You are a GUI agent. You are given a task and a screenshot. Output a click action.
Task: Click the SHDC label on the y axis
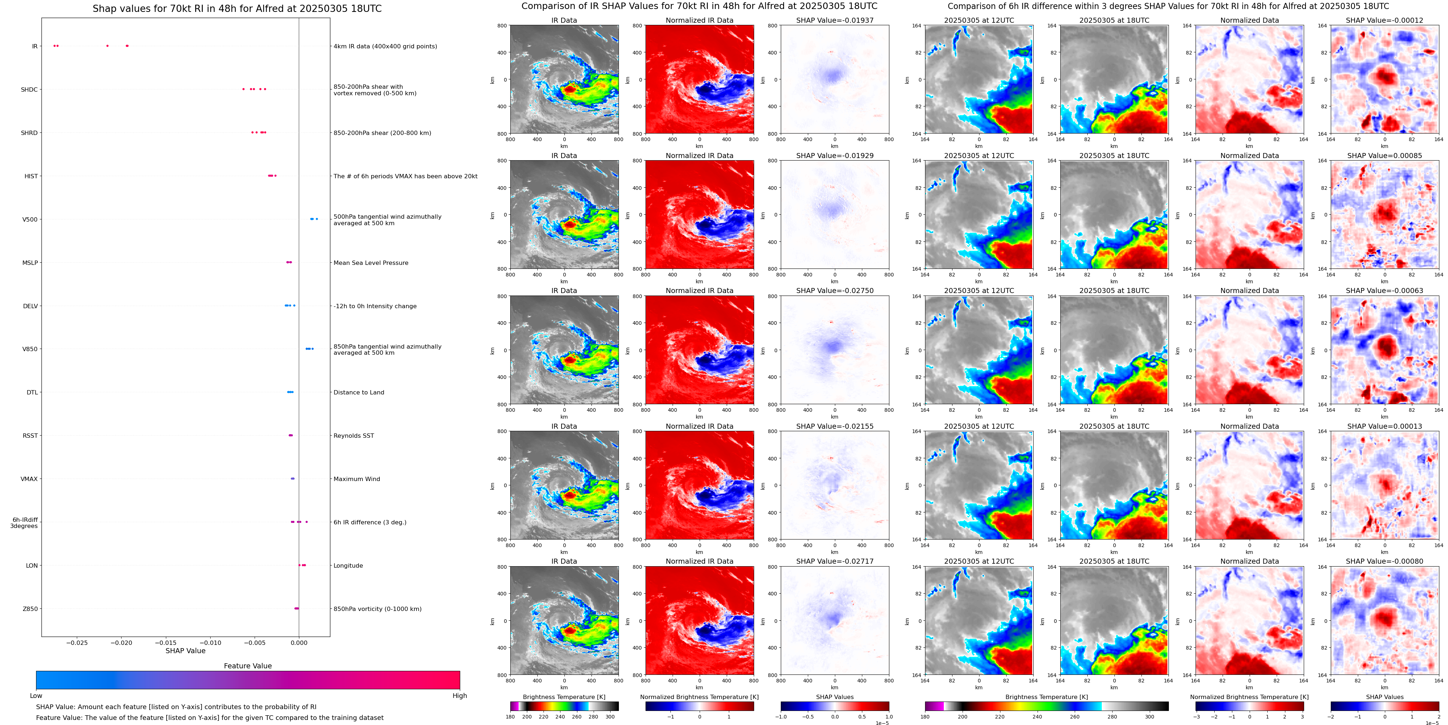click(29, 89)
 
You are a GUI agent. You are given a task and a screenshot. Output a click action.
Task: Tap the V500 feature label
click(30, 219)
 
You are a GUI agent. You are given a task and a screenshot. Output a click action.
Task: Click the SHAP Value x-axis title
click(185, 651)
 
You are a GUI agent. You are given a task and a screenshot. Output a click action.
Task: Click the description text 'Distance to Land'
click(358, 393)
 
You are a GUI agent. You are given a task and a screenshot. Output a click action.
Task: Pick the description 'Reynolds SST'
click(353, 436)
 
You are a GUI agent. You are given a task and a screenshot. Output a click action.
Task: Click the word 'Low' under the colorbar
click(36, 696)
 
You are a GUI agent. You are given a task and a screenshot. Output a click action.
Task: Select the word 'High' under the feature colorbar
click(459, 696)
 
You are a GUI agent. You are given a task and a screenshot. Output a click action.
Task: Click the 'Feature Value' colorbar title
click(248, 666)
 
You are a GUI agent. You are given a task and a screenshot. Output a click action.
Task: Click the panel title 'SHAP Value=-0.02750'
click(835, 291)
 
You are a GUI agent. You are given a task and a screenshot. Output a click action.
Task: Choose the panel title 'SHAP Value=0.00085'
click(1385, 156)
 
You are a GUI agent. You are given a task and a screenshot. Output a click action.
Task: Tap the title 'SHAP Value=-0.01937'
click(835, 20)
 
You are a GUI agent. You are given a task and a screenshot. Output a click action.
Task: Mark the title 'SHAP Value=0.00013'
click(1385, 426)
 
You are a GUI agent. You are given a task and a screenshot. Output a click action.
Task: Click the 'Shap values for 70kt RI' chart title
click(237, 8)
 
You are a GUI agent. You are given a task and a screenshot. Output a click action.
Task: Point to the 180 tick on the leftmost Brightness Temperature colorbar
click(510, 717)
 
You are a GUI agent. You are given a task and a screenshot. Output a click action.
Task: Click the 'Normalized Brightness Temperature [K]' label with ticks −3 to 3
click(1249, 697)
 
